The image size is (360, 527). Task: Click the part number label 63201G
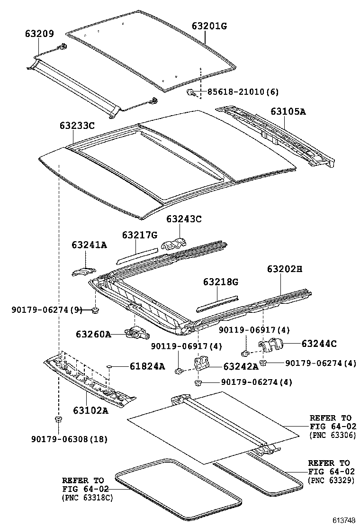coord(209,26)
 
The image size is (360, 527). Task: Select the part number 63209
coord(39,34)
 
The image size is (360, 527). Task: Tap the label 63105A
coord(288,112)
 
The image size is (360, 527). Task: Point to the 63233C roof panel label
coord(77,126)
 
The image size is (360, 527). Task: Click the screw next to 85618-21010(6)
coord(190,91)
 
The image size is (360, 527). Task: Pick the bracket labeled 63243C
coord(175,243)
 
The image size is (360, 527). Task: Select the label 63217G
coord(139,235)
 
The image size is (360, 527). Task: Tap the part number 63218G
coord(221,282)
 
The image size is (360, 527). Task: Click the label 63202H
coord(284,269)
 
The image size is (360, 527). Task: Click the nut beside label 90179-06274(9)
coord(95,310)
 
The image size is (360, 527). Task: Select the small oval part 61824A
coord(110,366)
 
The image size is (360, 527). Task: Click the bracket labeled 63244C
coord(271,346)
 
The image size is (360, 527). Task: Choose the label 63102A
coord(90,410)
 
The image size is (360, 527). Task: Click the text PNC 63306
coord(332,435)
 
